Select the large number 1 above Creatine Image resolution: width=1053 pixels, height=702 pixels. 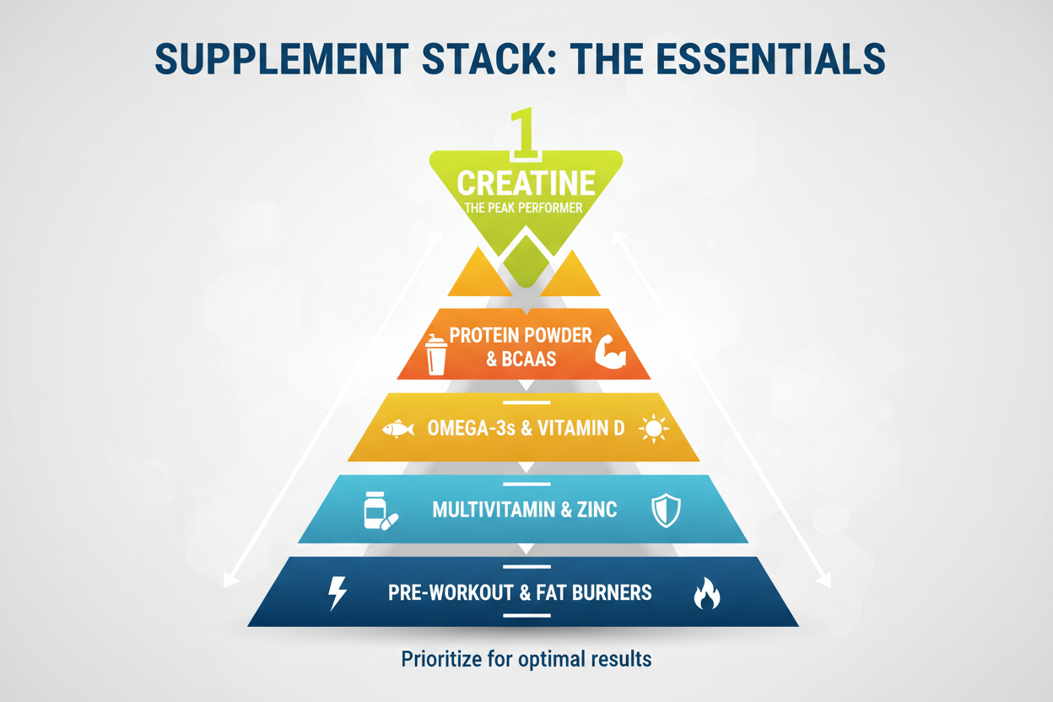point(525,133)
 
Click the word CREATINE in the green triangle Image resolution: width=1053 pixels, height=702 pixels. point(526,183)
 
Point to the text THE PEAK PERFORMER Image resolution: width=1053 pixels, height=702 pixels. point(523,208)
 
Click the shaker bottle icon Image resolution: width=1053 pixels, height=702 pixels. point(435,354)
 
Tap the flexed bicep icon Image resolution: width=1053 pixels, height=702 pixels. point(610,351)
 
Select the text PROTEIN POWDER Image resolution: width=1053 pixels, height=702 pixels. point(521,335)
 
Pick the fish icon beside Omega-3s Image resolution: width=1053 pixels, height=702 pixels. point(398,429)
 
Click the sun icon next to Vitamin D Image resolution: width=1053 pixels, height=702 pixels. point(654,429)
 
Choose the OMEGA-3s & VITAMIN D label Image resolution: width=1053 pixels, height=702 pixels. point(526,429)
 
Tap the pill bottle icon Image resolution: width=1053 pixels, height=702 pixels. point(381,511)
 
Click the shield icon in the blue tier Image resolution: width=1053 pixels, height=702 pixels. point(666,510)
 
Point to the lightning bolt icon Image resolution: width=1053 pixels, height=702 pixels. point(337,593)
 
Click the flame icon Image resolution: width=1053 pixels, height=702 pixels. point(706,593)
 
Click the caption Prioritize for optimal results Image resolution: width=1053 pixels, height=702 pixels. point(526,659)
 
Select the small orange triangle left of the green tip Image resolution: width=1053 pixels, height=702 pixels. point(479,273)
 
